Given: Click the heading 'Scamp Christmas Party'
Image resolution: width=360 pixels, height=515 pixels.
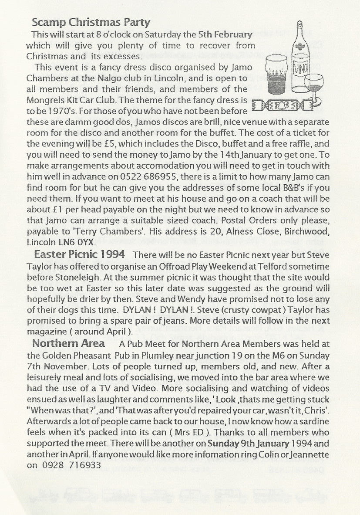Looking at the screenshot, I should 91,22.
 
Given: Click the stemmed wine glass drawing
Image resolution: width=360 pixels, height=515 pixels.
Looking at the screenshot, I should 314,87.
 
